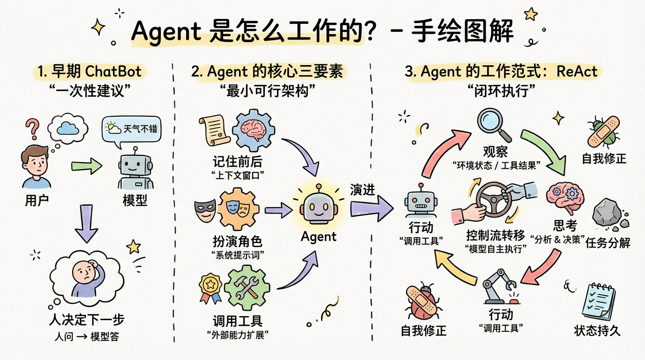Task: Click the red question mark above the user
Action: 31,127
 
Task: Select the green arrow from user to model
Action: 87,165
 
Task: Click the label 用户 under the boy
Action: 37,201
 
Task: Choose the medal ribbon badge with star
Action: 209,286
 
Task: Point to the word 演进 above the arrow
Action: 362,189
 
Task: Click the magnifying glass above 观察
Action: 494,123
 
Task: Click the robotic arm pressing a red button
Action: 500,285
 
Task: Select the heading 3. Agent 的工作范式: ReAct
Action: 501,72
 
